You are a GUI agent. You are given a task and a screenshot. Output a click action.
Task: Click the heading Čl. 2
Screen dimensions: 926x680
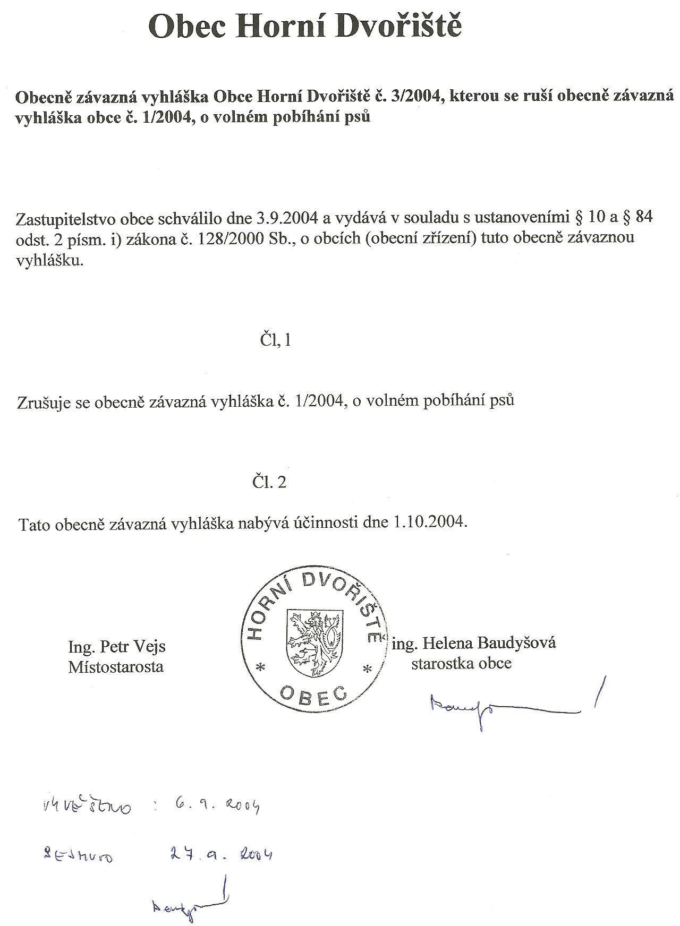pos(269,482)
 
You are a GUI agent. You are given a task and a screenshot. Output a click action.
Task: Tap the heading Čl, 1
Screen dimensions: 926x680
pos(276,340)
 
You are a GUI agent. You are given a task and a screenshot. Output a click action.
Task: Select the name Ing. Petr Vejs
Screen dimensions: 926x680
pos(117,647)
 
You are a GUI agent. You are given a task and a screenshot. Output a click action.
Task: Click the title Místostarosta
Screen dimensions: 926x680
pos(116,666)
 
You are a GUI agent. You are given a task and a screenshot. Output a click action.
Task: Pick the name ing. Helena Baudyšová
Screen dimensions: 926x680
pos(474,643)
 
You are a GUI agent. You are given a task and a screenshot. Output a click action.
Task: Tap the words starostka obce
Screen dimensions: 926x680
pos(461,663)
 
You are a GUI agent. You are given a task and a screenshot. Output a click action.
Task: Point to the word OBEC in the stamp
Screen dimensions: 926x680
pos(313,693)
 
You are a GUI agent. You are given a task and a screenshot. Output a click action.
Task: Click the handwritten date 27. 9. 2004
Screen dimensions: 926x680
pos(222,854)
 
